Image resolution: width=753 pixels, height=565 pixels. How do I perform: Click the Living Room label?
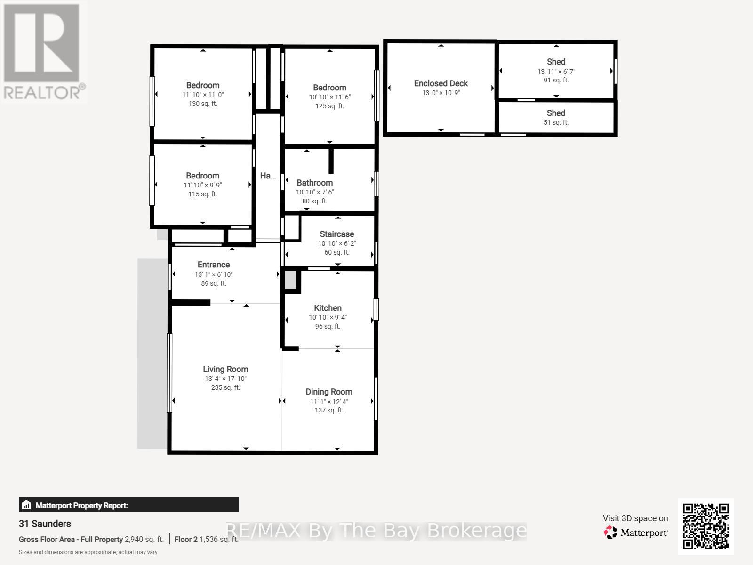(x=225, y=369)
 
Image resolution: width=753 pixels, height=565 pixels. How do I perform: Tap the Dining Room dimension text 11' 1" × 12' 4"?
(x=328, y=402)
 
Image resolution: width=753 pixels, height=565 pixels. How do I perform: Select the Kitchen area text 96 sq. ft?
(x=328, y=326)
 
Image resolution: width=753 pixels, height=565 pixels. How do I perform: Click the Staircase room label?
(x=336, y=234)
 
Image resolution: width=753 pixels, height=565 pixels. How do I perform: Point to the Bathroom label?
(x=314, y=183)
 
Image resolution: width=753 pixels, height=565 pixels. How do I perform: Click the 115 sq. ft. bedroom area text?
(x=203, y=194)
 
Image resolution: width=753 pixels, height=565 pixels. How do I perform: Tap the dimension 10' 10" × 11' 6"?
(x=329, y=97)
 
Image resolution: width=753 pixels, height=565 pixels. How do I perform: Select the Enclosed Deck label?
(x=441, y=83)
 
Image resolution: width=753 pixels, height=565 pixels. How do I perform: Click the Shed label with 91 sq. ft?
(x=556, y=62)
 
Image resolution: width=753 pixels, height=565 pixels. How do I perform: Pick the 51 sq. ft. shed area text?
(x=556, y=122)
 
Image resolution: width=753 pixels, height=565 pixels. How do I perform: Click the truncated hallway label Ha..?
(x=268, y=176)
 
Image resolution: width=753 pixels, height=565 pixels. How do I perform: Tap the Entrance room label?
(x=214, y=265)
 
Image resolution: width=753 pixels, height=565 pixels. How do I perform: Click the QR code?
(x=705, y=526)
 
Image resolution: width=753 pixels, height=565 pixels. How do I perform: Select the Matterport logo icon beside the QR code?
(x=610, y=533)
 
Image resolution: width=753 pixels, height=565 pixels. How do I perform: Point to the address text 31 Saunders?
(x=45, y=524)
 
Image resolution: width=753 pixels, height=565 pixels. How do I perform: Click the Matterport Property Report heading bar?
(x=128, y=505)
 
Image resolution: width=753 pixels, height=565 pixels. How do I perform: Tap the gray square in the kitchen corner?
(x=290, y=281)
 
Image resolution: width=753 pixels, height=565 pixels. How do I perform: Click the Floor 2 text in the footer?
(x=186, y=539)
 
